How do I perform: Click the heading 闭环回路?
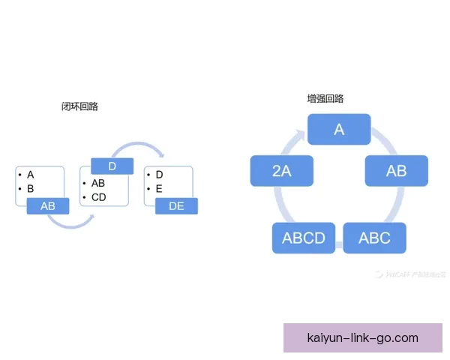click(79, 106)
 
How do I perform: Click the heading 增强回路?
click(325, 98)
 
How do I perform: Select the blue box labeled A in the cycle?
click(339, 130)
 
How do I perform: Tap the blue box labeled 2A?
click(281, 171)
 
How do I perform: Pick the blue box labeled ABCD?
click(303, 238)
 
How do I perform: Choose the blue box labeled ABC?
click(374, 238)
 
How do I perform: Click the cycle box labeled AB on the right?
click(396, 171)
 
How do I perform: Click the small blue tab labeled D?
click(112, 166)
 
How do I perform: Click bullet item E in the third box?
click(159, 189)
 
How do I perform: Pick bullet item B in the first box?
click(30, 189)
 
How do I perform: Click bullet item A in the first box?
click(30, 175)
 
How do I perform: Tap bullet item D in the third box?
click(159, 175)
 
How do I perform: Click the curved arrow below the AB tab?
click(70, 223)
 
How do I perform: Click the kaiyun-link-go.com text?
click(363, 338)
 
